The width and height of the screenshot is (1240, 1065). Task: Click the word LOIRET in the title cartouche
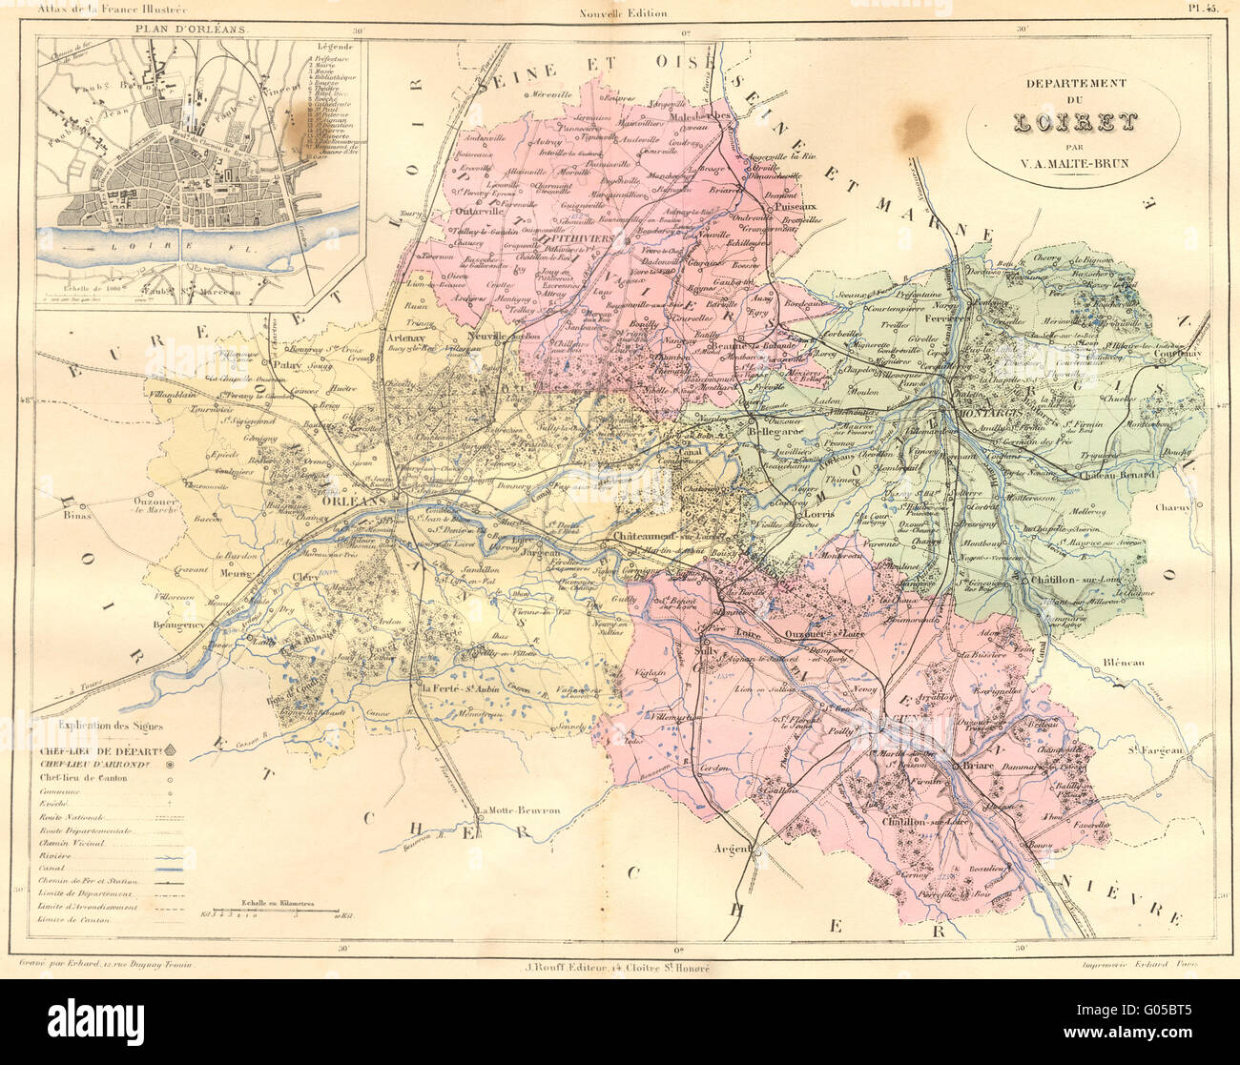pos(1074,122)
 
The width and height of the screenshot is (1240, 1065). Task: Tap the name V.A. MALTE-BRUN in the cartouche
pos(1075,162)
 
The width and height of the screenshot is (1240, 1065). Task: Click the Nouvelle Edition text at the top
pos(623,12)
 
